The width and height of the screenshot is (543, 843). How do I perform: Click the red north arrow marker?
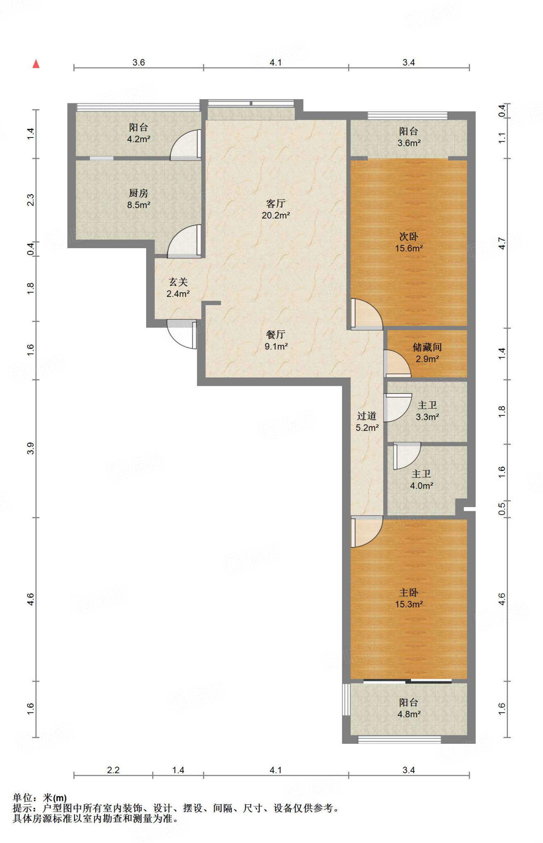tap(36, 64)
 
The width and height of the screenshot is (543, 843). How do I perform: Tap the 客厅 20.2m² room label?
tap(276, 209)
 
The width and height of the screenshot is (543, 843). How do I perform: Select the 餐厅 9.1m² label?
tap(276, 340)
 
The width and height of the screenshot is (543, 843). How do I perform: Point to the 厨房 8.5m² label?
tap(138, 199)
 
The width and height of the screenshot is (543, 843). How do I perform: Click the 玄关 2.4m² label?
tap(178, 288)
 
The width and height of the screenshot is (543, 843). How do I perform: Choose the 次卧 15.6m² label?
tap(409, 242)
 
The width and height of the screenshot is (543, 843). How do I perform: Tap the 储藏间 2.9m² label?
tap(427, 353)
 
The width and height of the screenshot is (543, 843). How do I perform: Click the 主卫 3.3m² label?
tap(427, 411)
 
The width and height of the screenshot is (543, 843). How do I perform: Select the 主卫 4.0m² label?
tap(422, 480)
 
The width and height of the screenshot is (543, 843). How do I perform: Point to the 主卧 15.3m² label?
tap(409, 598)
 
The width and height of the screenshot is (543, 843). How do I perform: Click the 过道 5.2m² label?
tap(367, 421)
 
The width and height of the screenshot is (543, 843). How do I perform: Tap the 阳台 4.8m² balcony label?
tap(409, 708)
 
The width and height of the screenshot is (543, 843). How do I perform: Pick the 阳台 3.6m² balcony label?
tap(409, 137)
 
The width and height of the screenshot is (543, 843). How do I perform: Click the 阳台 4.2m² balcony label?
tap(138, 133)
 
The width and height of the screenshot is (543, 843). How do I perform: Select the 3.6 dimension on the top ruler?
tap(139, 62)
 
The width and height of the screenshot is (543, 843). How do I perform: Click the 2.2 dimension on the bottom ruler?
tap(113, 770)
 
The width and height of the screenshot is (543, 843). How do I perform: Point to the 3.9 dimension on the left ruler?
tap(30, 448)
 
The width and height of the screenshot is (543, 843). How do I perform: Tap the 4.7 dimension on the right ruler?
tap(502, 243)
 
